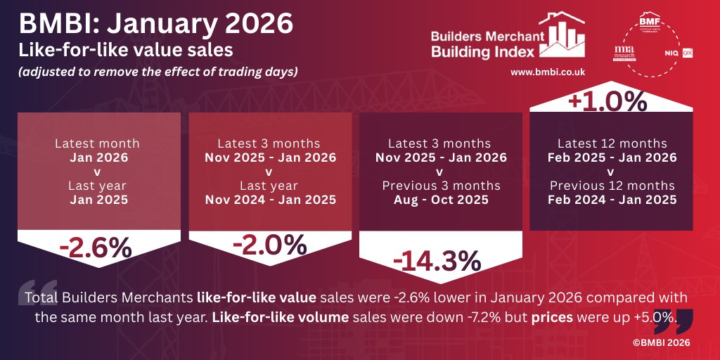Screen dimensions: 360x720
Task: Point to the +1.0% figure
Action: coord(611,101)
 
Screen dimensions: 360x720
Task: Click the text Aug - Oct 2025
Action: coord(440,199)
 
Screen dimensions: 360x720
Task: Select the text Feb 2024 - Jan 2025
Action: coord(611,199)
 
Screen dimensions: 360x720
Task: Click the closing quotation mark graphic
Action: coord(667,321)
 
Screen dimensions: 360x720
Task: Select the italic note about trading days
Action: coord(158,71)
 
